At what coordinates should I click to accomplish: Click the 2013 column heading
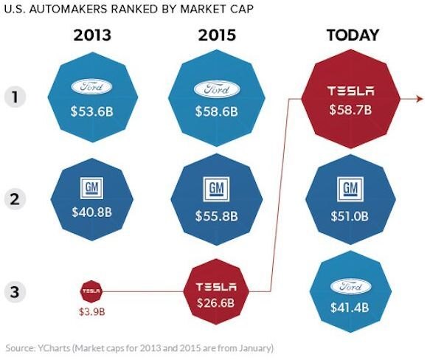(92, 35)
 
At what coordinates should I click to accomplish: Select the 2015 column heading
(217, 35)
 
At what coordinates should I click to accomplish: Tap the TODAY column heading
(353, 35)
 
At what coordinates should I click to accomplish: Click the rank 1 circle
(15, 97)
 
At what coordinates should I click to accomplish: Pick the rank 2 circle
(15, 199)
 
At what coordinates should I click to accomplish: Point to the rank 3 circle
(15, 291)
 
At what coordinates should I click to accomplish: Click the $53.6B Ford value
(92, 111)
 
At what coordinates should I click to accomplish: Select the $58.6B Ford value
(217, 111)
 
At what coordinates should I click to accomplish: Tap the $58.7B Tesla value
(350, 109)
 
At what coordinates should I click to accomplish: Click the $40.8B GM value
(92, 212)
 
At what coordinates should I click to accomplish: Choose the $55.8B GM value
(217, 216)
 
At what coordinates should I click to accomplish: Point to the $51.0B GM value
(350, 216)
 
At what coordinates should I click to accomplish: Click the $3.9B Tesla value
(92, 312)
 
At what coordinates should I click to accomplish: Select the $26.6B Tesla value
(216, 303)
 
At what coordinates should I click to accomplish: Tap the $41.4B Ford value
(350, 308)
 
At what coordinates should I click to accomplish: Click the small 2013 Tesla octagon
(91, 291)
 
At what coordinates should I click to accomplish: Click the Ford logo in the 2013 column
(91, 87)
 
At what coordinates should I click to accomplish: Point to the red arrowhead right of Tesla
(420, 99)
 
